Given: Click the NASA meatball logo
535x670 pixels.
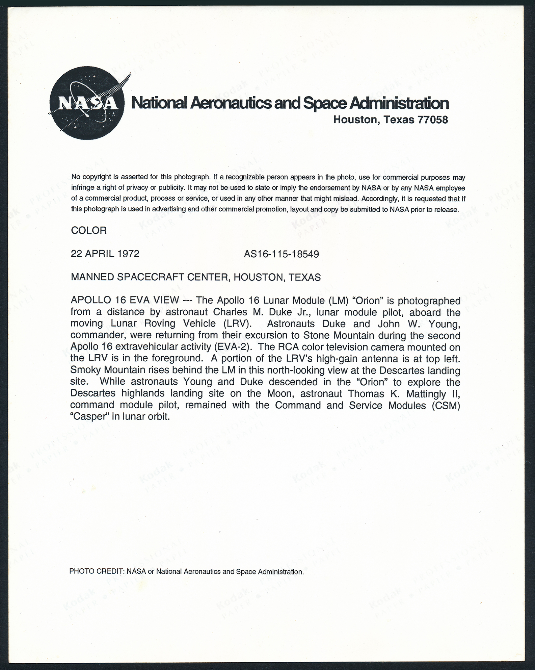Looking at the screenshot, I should point(87,103).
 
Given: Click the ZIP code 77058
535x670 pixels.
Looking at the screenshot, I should point(433,120).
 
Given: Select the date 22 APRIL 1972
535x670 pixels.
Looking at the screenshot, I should point(105,254).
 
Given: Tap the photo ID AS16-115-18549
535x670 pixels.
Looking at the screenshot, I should point(281,254).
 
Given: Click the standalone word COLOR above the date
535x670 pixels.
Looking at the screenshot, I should point(89,231).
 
